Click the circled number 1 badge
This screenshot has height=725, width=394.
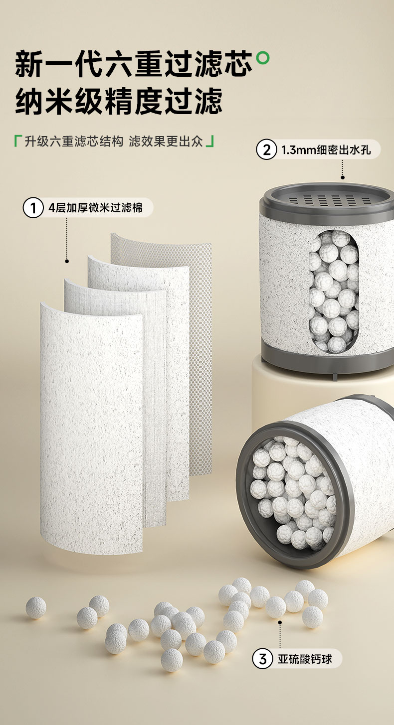coord(33,208)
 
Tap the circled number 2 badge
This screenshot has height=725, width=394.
coord(266,149)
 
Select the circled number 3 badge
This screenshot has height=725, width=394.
coord(262,659)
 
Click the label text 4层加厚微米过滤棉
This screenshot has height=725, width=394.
coord(96,208)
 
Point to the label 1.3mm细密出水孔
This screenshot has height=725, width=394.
coord(326,150)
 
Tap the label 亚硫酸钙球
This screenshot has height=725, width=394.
coord(305,659)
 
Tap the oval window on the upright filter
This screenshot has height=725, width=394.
coord(334,290)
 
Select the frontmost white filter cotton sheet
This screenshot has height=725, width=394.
coord(92,427)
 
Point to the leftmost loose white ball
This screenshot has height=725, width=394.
coord(36,607)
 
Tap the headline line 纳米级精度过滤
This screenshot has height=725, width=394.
coord(119,101)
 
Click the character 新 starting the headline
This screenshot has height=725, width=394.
coord(29,63)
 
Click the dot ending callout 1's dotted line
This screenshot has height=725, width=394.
coord(67,261)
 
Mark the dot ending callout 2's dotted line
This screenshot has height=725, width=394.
coord(343,177)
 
